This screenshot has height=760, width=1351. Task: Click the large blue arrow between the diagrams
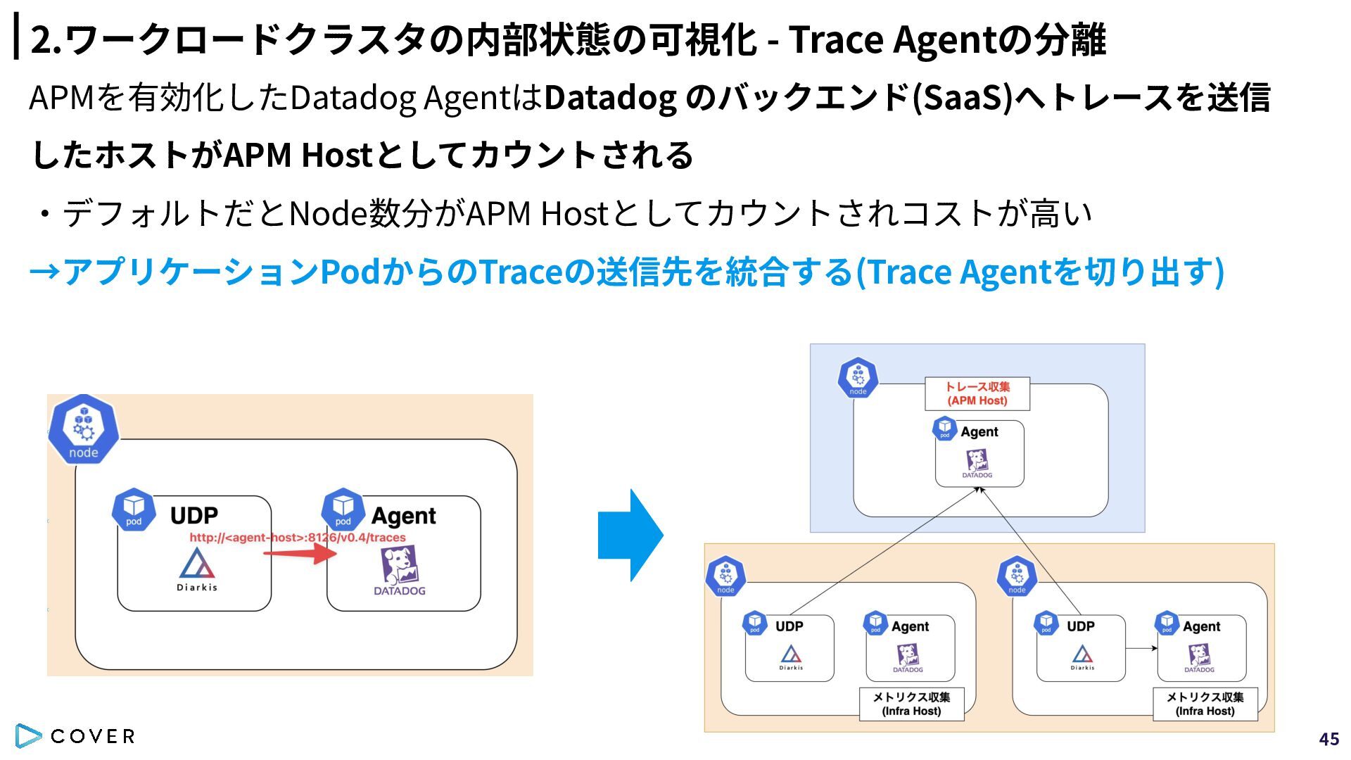click(630, 535)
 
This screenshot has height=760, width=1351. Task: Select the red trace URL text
click(298, 538)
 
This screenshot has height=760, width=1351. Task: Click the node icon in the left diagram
click(84, 429)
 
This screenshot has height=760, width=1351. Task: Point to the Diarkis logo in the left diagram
click(197, 569)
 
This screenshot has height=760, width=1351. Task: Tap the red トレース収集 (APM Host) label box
click(977, 394)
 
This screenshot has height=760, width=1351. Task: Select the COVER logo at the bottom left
click(75, 736)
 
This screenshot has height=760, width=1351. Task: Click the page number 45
click(1329, 739)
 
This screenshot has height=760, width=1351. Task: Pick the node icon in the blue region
click(858, 379)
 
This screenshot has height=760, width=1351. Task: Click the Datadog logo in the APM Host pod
click(977, 464)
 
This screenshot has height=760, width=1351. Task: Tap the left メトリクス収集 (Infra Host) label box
click(912, 704)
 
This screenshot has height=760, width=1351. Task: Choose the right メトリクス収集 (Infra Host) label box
click(1205, 704)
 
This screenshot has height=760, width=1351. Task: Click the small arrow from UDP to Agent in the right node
click(1141, 648)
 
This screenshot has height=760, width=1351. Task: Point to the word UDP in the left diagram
click(194, 516)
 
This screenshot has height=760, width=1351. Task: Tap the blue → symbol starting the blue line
click(44, 272)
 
